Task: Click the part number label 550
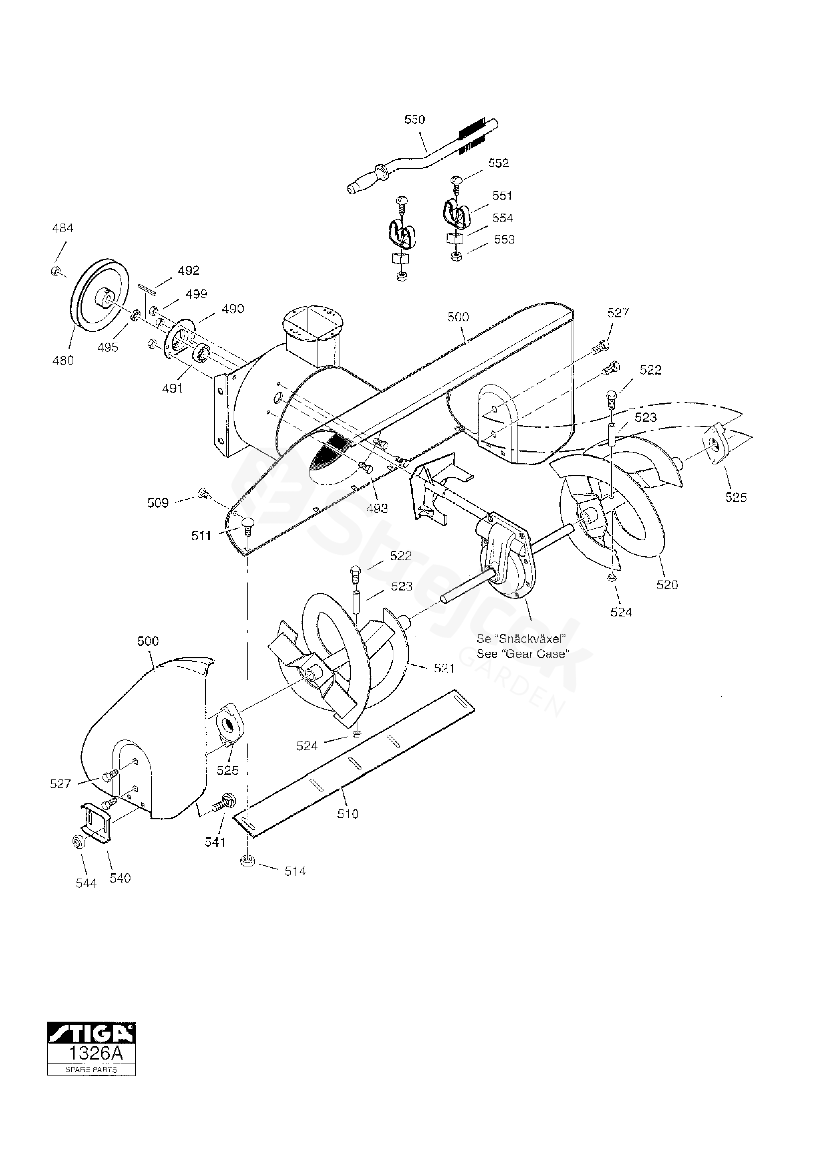(x=415, y=119)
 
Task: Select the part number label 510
(x=348, y=814)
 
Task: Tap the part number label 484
(x=63, y=229)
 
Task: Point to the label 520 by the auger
(x=667, y=585)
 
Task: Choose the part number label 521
(x=444, y=668)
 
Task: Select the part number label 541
(x=215, y=842)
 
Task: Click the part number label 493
(x=377, y=508)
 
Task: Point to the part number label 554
(x=503, y=218)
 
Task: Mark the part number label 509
(x=157, y=503)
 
